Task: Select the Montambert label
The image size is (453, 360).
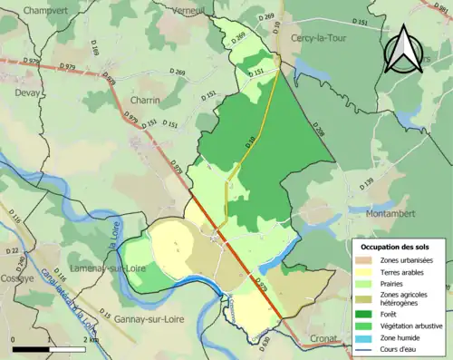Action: (x=395, y=213)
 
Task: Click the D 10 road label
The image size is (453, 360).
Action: (x=251, y=141)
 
